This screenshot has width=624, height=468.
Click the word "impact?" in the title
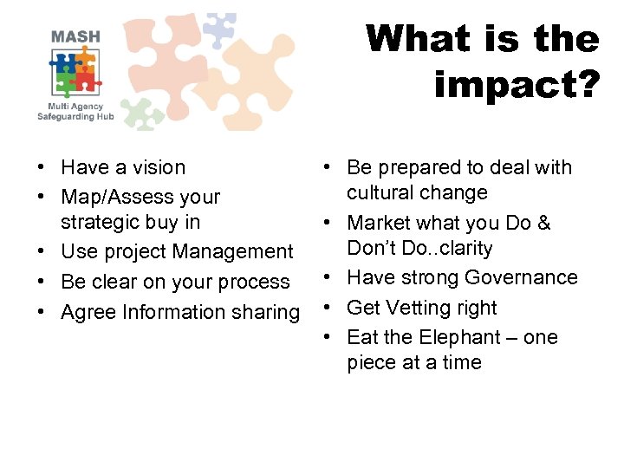tap(517, 85)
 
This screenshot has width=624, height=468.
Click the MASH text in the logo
tap(75, 37)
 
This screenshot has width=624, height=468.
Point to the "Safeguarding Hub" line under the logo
tap(75, 116)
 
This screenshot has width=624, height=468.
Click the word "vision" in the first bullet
tap(158, 167)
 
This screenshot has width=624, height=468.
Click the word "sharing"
tap(267, 312)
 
